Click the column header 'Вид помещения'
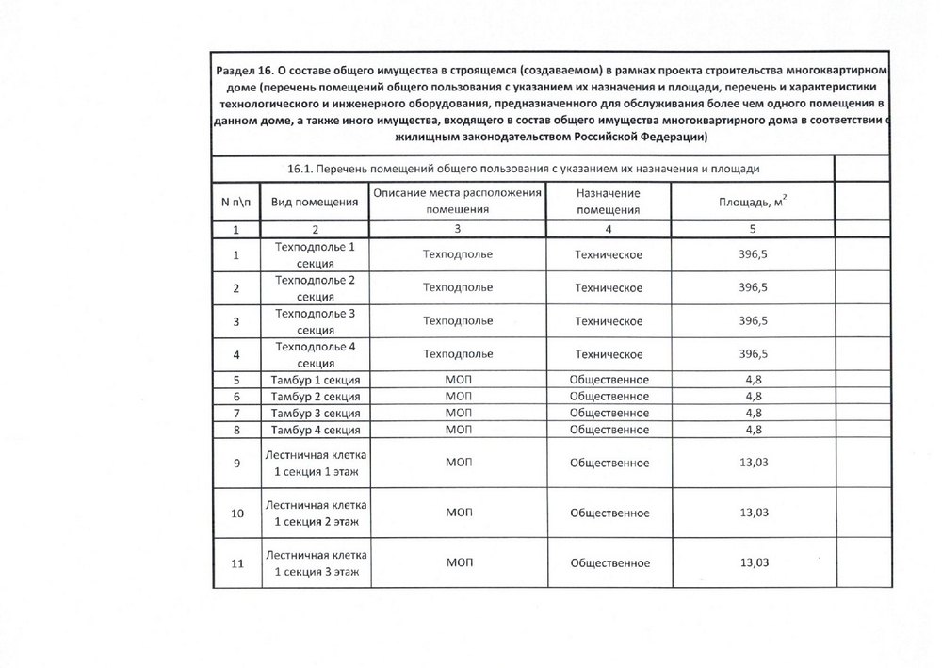point(315,202)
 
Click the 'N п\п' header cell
point(235,202)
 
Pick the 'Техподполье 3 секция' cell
point(315,321)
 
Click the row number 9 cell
point(235,462)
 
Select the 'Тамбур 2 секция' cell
point(315,396)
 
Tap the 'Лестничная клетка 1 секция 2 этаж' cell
point(315,513)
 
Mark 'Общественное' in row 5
point(609,379)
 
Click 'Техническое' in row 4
point(609,354)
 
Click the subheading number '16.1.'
point(300,168)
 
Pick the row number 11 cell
point(236,563)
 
